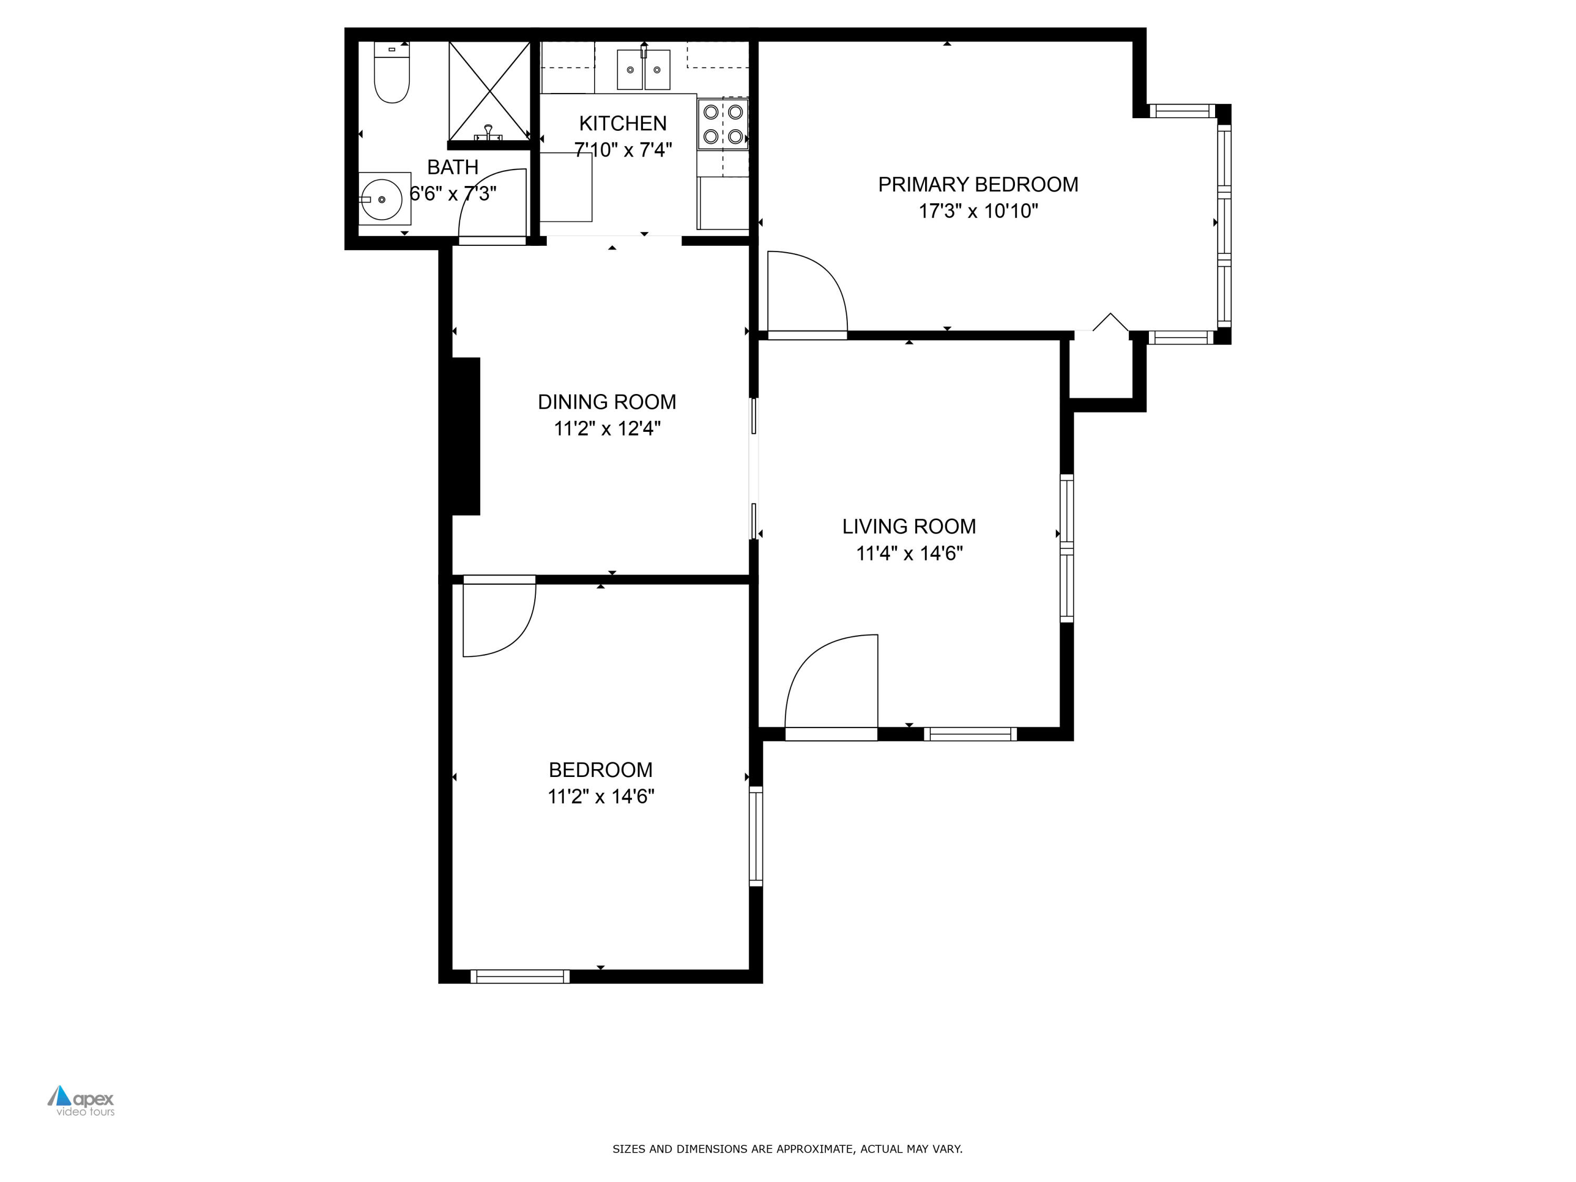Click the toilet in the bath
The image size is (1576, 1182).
[x=391, y=75]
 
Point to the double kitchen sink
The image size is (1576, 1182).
[x=644, y=70]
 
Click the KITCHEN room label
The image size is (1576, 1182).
[x=623, y=123]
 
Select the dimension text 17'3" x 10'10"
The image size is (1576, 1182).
[x=978, y=211]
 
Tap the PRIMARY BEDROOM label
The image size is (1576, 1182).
[x=978, y=184]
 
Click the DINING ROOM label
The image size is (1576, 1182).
[x=606, y=402]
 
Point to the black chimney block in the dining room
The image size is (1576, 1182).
[x=465, y=436]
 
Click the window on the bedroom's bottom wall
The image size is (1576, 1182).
[x=520, y=976]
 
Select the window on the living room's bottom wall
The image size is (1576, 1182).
[x=970, y=734]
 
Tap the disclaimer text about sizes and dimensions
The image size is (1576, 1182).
[x=787, y=1148]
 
